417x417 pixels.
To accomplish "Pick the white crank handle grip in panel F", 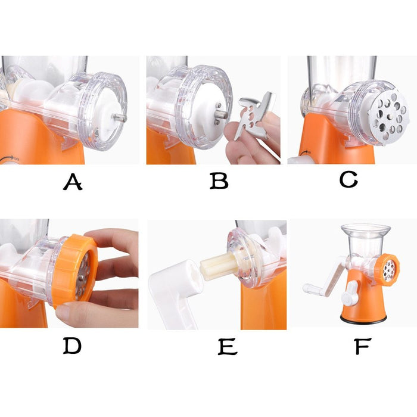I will (x=312, y=289).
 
